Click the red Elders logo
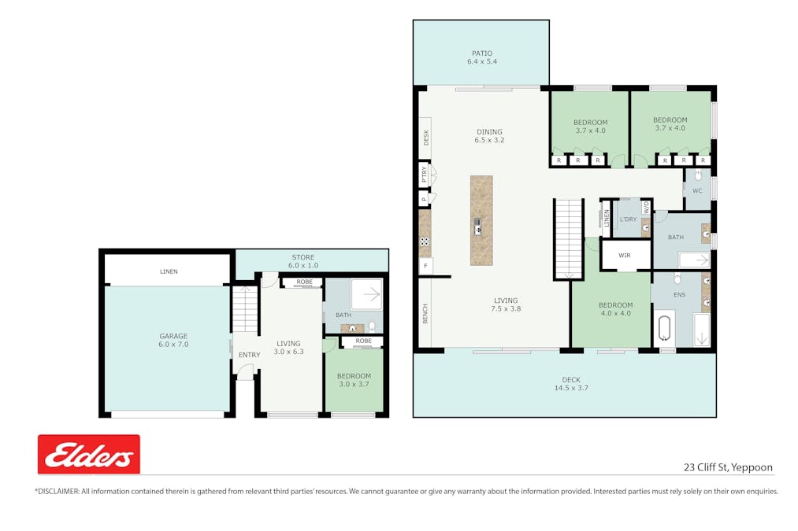point(89,454)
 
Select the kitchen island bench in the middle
point(481,220)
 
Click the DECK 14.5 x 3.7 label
point(571,383)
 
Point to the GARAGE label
point(173,340)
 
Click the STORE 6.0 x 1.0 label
point(302,261)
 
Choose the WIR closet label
point(625,256)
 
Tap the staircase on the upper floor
point(568,239)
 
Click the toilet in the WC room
point(698,176)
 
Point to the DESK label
point(426,137)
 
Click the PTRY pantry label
point(425,174)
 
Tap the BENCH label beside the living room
point(425,314)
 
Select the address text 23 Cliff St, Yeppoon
point(728,466)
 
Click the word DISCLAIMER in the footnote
point(60,491)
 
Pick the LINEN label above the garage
point(169,271)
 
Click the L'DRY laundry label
point(628,219)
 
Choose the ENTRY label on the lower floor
point(249,355)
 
